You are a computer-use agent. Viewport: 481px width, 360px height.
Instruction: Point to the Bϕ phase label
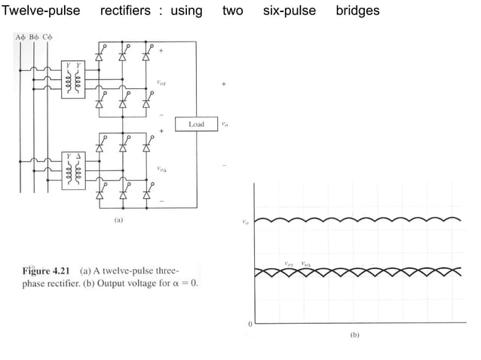[34, 37]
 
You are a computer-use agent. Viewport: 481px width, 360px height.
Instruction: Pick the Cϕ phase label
[48, 37]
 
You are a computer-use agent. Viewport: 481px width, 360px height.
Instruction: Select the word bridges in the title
[357, 11]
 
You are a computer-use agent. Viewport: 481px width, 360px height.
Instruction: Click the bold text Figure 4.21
[41, 270]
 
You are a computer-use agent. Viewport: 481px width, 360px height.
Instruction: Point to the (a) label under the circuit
[118, 221]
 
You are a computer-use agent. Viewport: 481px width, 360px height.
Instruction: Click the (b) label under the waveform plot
[354, 334]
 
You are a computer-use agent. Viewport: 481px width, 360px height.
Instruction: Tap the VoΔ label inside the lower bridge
[161, 169]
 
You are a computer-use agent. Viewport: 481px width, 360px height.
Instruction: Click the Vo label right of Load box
[225, 124]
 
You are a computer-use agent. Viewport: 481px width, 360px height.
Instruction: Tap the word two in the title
[232, 11]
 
